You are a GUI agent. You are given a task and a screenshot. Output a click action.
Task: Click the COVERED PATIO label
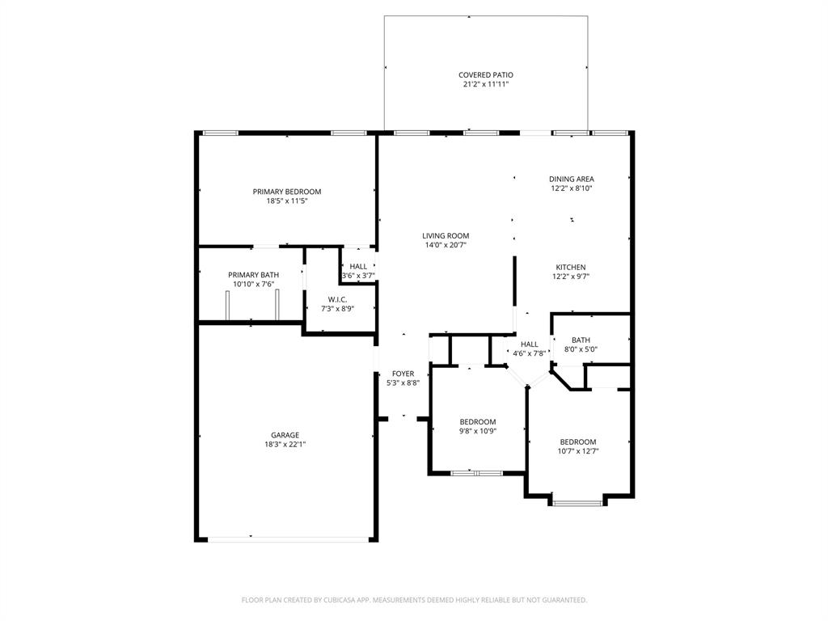[485, 74]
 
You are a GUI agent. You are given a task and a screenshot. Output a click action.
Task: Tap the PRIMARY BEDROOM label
[287, 192]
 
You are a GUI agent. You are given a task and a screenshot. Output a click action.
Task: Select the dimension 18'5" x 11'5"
[287, 201]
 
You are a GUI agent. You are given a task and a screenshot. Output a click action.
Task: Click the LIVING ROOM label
[446, 235]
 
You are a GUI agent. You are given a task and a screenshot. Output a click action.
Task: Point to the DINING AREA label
[572, 179]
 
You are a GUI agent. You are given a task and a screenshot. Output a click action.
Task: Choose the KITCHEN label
[571, 267]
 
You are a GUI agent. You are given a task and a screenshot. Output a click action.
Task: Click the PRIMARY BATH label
[253, 275]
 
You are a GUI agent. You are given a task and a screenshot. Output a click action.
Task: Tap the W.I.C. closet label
[337, 299]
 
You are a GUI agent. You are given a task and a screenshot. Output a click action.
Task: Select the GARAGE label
[285, 435]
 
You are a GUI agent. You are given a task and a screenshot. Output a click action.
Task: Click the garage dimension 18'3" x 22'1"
[285, 444]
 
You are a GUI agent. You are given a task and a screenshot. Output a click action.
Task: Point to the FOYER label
[403, 374]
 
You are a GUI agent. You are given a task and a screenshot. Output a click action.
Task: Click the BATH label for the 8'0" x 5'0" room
[581, 340]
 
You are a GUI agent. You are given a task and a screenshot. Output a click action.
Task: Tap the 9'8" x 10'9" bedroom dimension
[478, 431]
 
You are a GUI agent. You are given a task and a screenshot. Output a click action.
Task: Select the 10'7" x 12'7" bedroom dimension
[578, 451]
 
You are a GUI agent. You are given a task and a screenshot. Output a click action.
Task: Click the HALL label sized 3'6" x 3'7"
[358, 266]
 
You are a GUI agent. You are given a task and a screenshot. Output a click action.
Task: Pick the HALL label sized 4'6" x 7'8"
[530, 344]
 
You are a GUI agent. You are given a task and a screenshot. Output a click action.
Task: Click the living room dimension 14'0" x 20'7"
[446, 245]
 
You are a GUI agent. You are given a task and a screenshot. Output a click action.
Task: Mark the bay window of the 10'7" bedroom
[577, 503]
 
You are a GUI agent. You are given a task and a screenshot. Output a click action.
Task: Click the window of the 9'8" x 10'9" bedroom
[477, 472]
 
